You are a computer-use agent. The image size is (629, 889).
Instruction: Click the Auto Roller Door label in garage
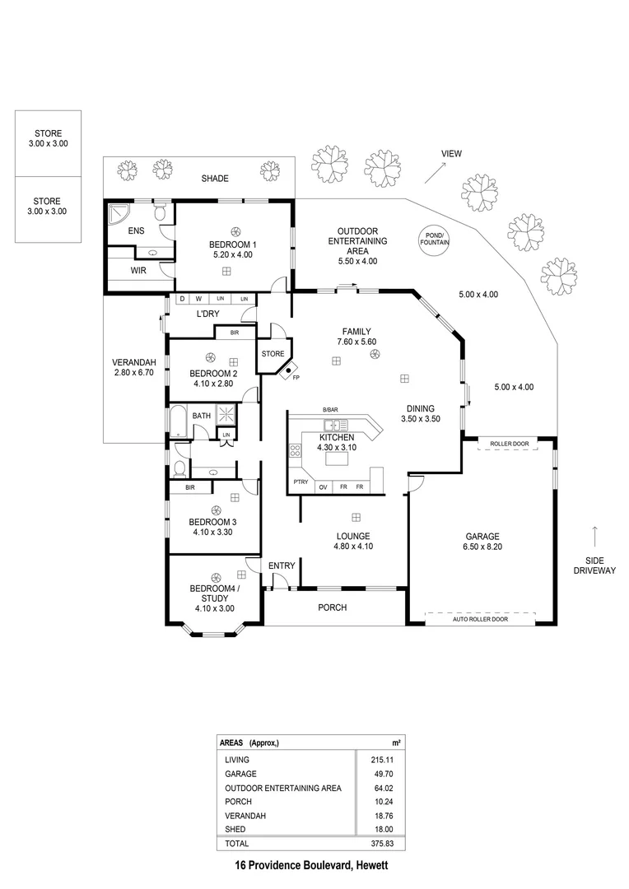480,619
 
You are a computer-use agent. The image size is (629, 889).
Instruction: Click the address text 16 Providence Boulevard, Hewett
311,865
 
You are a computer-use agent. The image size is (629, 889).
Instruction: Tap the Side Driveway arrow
595,533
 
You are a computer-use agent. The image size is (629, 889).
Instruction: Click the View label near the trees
451,154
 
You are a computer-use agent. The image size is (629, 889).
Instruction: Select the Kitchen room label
337,437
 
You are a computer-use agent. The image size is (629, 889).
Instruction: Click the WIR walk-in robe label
138,269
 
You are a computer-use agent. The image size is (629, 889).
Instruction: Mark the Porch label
333,607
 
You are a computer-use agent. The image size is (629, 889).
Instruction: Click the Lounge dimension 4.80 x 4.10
352,547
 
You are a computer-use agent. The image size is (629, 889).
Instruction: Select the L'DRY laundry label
207,314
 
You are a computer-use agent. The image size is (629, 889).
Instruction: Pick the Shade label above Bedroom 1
215,179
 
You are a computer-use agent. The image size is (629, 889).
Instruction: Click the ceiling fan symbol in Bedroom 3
215,510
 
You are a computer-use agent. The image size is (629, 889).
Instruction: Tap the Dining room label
420,408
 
